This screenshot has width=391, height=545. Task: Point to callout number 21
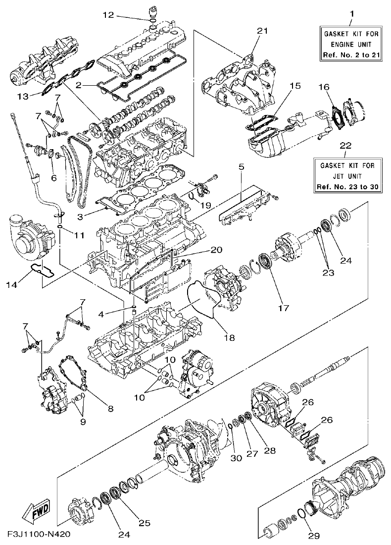(262, 31)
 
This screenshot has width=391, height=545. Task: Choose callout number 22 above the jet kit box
(346, 145)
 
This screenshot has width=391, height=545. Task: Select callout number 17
(283, 308)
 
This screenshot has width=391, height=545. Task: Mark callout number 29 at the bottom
(315, 535)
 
